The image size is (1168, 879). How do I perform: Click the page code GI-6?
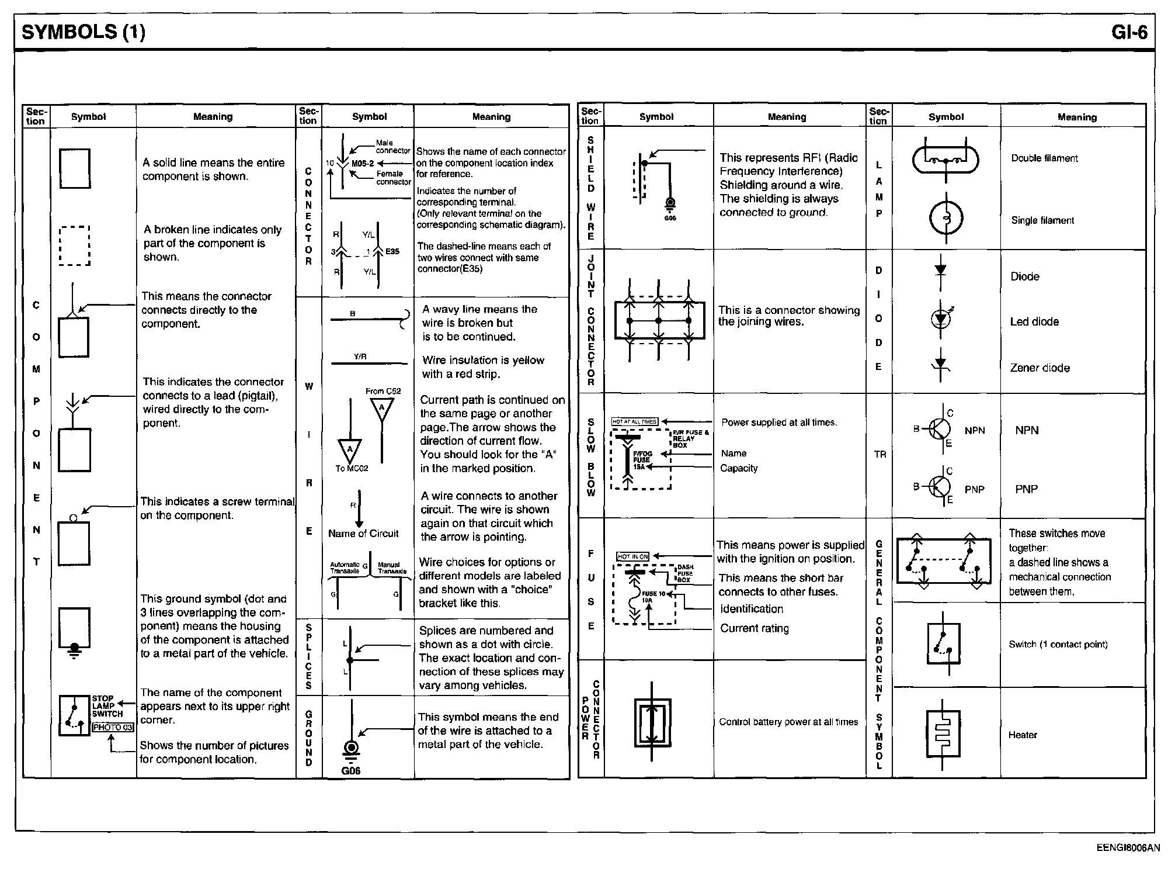point(1129,32)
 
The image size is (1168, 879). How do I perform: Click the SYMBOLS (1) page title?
point(83,32)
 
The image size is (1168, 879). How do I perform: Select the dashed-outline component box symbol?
point(75,245)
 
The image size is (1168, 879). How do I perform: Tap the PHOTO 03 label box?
point(113,728)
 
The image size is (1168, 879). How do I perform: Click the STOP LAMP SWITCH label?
point(107,706)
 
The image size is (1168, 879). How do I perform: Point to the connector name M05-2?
point(362,164)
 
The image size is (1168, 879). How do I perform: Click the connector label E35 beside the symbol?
point(392,251)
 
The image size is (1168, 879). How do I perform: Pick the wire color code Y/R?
point(360,357)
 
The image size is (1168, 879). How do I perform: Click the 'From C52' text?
point(383,391)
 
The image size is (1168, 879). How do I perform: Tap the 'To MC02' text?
point(352,468)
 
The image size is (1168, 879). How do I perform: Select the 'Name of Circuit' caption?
point(363,534)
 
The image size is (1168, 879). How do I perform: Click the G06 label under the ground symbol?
point(351,771)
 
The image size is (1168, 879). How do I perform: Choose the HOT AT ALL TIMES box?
point(635,421)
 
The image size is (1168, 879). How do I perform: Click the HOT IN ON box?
point(633,556)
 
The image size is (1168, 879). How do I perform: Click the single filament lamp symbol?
point(945,219)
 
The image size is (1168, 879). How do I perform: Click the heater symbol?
point(943,732)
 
